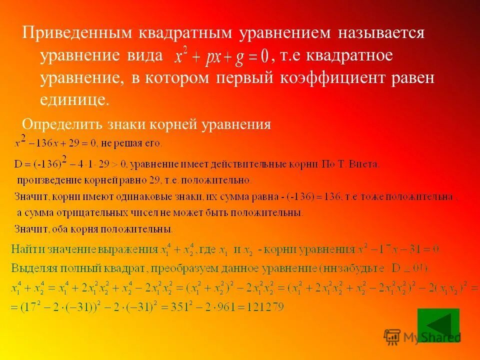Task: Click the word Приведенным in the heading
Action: click(x=73, y=33)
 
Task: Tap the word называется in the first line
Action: click(x=381, y=33)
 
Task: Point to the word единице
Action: click(x=73, y=99)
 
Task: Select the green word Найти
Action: click(x=29, y=248)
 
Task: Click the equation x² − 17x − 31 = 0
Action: click(x=398, y=248)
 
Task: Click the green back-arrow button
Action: click(x=438, y=325)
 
